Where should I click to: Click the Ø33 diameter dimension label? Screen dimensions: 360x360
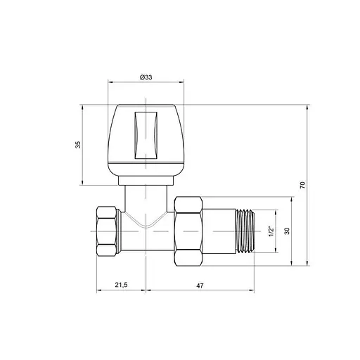[146, 77]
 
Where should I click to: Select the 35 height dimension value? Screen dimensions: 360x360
[78, 145]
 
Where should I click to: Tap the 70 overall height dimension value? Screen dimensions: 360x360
[302, 185]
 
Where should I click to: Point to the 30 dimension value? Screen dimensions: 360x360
[287, 231]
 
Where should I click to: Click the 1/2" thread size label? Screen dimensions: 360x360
[271, 231]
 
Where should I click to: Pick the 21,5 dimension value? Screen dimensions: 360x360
[121, 285]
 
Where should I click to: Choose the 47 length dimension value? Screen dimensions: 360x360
[200, 285]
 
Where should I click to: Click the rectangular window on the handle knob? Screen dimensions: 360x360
[146, 136]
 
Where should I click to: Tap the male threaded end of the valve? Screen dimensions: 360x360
[245, 231]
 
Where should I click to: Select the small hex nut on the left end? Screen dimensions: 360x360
[107, 231]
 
